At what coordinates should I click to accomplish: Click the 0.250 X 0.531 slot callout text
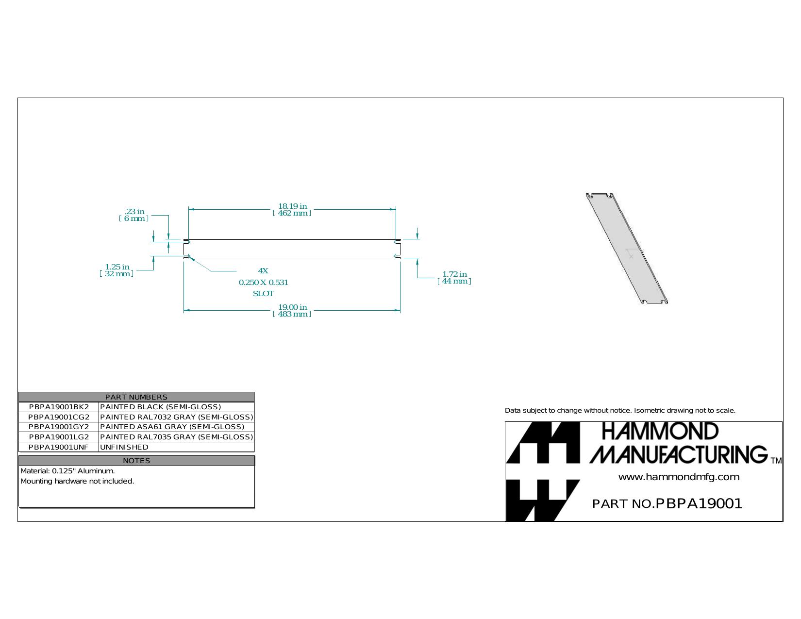tap(264, 283)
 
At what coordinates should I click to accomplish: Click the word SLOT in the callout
tap(264, 294)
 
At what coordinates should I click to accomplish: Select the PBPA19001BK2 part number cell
tap(59, 407)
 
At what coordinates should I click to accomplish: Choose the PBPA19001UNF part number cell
tap(59, 447)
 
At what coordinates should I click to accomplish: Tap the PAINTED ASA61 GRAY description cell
tap(177, 427)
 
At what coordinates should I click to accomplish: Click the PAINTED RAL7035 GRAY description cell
tap(177, 437)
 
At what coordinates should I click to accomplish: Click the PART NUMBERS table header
tap(136, 397)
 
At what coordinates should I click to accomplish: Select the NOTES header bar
tap(136, 461)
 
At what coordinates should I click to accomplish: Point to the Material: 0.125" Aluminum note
tap(67, 471)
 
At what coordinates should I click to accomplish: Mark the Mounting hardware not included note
tap(77, 481)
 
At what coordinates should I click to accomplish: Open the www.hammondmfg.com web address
tap(679, 477)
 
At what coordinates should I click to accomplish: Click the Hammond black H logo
tap(543, 471)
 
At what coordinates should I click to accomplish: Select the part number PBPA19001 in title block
tap(699, 503)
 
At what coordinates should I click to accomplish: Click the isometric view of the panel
tap(627, 249)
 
